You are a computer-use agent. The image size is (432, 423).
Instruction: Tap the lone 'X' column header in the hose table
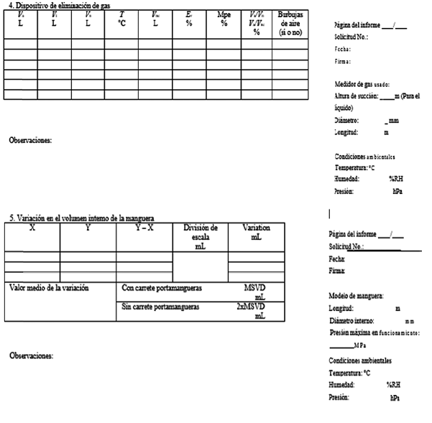tap(32, 228)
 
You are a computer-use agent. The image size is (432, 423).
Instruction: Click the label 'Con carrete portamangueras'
tap(161, 288)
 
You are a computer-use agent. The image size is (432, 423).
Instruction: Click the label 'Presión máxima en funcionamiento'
tap(379, 333)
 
